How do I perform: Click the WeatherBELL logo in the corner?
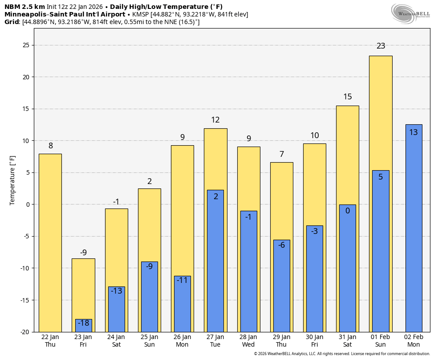tap(410, 13)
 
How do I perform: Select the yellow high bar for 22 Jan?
tap(50, 243)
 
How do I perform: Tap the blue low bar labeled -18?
tap(84, 326)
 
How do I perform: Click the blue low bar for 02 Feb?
tap(414, 229)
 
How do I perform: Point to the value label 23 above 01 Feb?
tap(381, 46)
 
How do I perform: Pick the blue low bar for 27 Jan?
tap(215, 261)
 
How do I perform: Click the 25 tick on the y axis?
tap(26, 45)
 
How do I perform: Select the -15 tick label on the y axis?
tap(24, 300)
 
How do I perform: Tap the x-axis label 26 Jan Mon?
tap(182, 341)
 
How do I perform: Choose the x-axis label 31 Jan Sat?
tap(348, 341)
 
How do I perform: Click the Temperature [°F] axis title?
tap(12, 180)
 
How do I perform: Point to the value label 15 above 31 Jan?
tap(348, 97)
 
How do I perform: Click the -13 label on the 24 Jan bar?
tap(117, 291)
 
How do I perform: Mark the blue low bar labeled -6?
tap(282, 286)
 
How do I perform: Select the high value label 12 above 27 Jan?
tap(215, 120)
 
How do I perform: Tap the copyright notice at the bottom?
tap(342, 354)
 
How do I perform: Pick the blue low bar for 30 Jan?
tap(315, 279)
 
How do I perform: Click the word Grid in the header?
tap(12, 22)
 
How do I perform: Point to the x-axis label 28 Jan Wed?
tap(248, 341)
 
